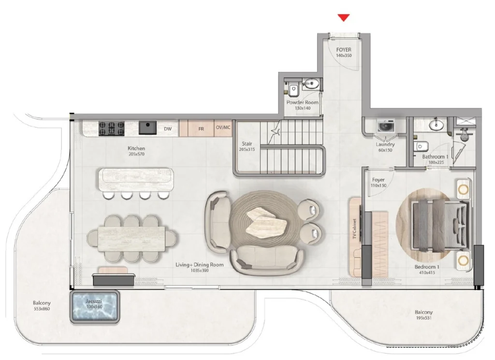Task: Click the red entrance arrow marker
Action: pyautogui.click(x=343, y=18)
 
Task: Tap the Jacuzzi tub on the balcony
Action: pyautogui.click(x=95, y=306)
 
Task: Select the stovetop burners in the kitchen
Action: pyautogui.click(x=112, y=128)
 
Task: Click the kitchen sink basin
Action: pyautogui.click(x=148, y=127)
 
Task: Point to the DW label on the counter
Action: pyautogui.click(x=168, y=129)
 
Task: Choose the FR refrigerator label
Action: pyautogui.click(x=201, y=129)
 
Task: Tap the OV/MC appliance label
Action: pyautogui.click(x=223, y=128)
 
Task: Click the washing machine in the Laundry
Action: pyautogui.click(x=385, y=127)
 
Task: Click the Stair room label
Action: pyautogui.click(x=247, y=144)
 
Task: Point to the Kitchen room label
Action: pyautogui.click(x=136, y=148)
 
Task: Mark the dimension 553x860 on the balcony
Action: pyautogui.click(x=42, y=308)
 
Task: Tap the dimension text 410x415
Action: pyautogui.click(x=427, y=273)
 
